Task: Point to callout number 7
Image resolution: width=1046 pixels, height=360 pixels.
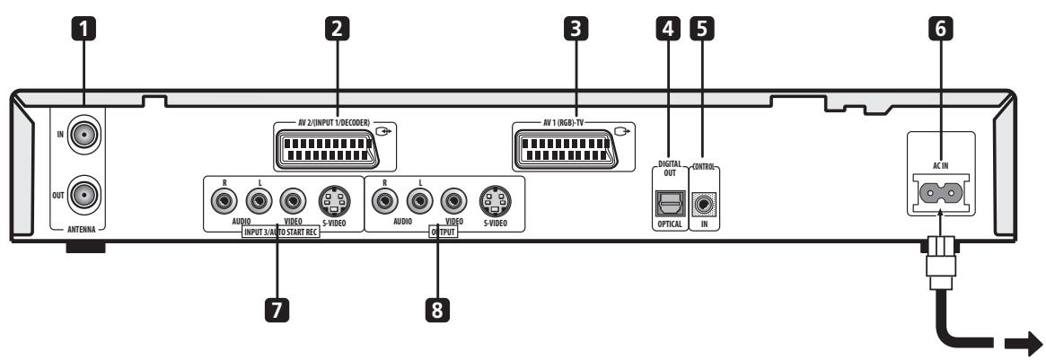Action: pyautogui.click(x=277, y=310)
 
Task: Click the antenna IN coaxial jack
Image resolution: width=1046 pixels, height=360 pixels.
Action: pyautogui.click(x=82, y=138)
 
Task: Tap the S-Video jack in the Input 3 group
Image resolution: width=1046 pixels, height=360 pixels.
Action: pyautogui.click(x=334, y=199)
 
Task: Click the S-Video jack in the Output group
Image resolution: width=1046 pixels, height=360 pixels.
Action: pyautogui.click(x=494, y=199)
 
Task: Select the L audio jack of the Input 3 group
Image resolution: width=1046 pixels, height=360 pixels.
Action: pyautogui.click(x=252, y=199)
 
